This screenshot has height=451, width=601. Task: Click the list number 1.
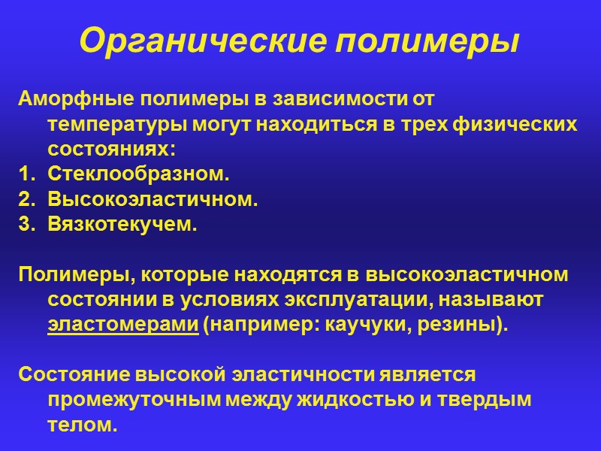tap(26, 175)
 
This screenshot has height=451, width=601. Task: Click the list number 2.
tap(26, 200)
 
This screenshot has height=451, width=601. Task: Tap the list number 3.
tap(26, 225)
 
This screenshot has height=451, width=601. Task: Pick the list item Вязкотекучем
tap(122, 225)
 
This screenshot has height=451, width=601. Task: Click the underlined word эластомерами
tap(122, 325)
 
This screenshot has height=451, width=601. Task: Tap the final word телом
tap(82, 425)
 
